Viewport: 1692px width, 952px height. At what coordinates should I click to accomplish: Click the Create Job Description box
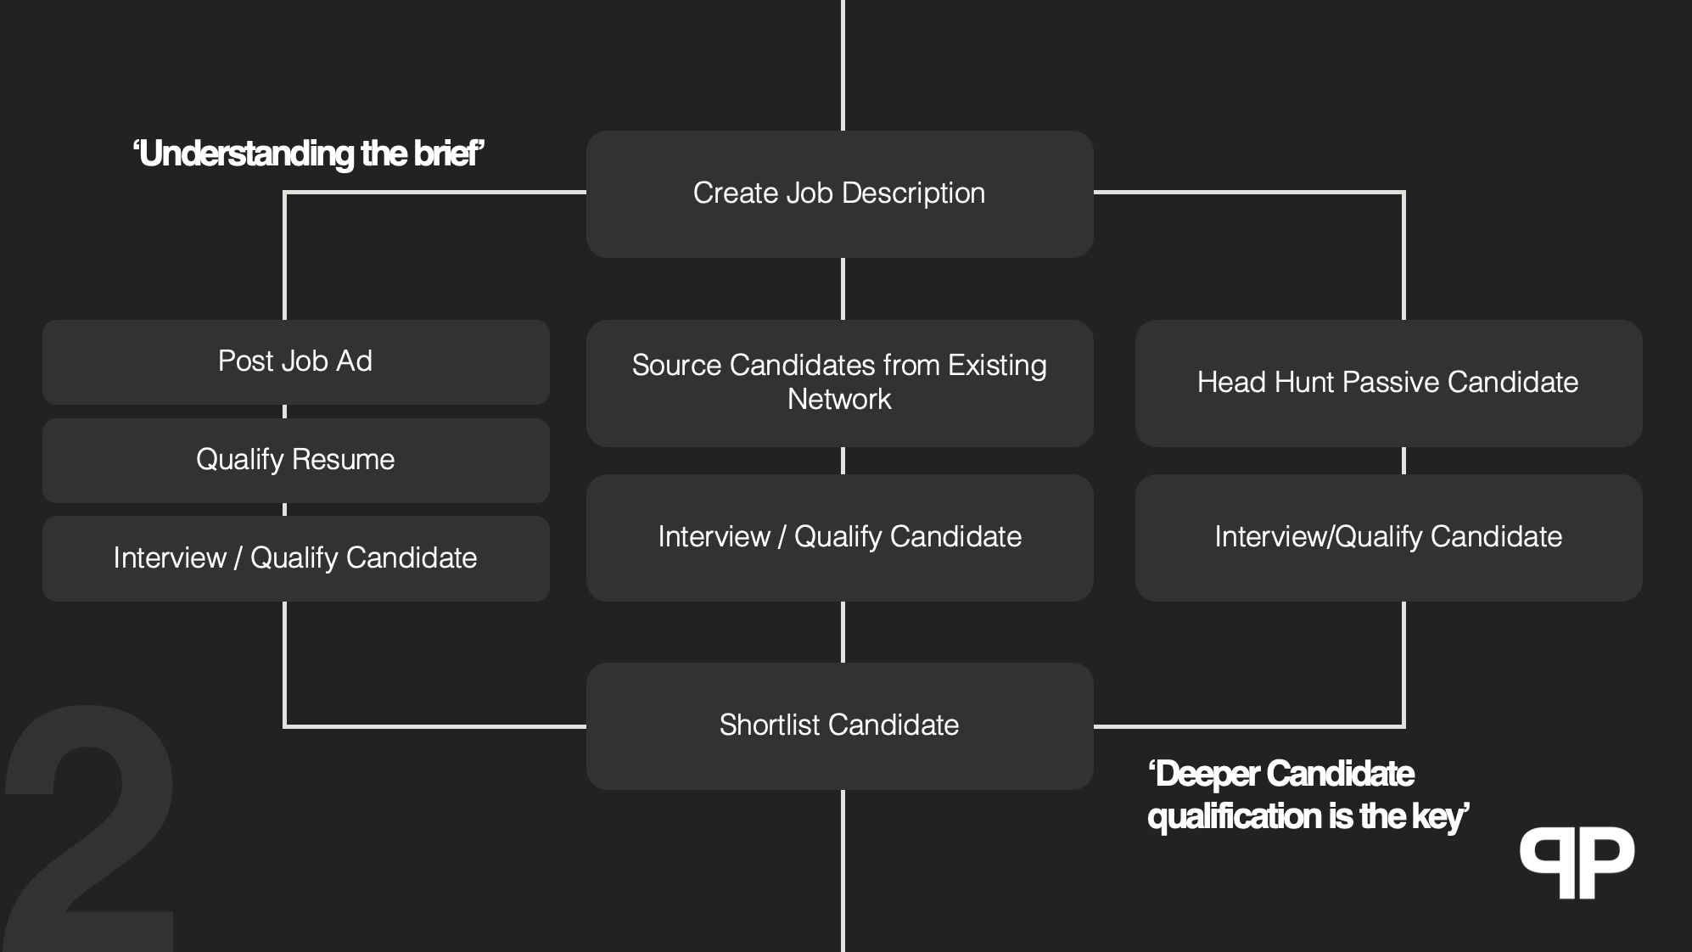tap(839, 194)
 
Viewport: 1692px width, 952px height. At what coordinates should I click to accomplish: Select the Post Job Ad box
tap(295, 362)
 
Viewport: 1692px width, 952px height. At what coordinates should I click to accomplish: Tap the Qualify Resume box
tap(295, 461)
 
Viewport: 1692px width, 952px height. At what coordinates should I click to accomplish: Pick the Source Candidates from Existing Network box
tap(839, 384)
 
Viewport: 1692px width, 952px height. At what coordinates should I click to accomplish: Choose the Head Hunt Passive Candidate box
tap(1388, 384)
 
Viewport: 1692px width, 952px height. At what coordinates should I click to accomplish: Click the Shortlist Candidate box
tap(839, 726)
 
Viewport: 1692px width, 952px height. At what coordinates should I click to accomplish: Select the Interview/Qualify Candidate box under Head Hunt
tap(1388, 538)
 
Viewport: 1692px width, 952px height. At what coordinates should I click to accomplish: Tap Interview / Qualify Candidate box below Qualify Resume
tap(295, 559)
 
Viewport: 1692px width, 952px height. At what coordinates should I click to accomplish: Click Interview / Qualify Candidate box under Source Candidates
tap(839, 538)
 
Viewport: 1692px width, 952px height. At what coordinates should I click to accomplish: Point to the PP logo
tap(1577, 862)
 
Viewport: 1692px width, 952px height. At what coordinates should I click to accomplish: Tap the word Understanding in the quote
tap(246, 154)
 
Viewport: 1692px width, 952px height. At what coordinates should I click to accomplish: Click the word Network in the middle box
tap(839, 400)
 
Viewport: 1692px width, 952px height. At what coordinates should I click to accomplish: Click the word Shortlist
tap(770, 725)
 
